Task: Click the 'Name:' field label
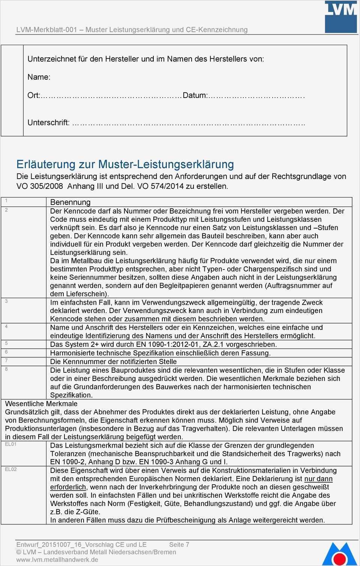point(39,77)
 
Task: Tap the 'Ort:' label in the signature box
point(33,95)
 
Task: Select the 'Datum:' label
point(195,95)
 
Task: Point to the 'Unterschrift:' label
point(48,122)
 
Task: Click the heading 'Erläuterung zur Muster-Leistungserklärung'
point(125,164)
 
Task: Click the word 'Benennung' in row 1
point(70,202)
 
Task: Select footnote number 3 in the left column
point(6,301)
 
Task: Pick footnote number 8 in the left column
point(6,369)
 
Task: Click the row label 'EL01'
point(11,444)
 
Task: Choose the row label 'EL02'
point(11,470)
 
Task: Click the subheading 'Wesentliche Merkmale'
point(41,404)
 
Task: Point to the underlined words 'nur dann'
point(318,479)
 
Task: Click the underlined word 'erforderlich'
point(68,487)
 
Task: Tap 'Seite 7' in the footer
point(179,545)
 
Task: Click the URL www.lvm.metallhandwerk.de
point(57,560)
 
